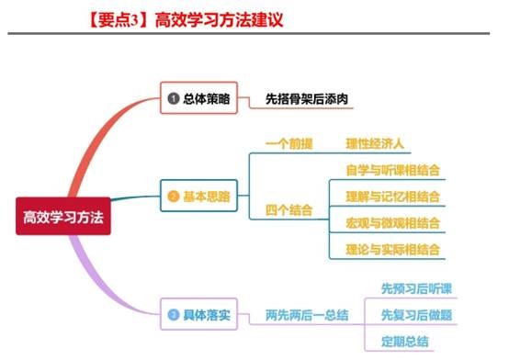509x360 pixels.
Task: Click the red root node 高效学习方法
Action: coord(63,218)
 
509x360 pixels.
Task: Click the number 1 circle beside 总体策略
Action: coord(173,97)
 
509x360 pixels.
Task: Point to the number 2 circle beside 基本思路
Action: coord(173,196)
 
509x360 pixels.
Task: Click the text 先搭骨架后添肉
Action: coord(309,98)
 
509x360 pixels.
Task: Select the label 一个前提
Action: coord(283,144)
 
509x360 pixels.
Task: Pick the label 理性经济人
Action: coord(375,144)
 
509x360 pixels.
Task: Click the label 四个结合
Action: coord(283,209)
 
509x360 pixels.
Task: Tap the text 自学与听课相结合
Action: coord(392,170)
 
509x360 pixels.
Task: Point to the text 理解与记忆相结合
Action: coord(392,197)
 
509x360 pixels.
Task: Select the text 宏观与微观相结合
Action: coord(392,223)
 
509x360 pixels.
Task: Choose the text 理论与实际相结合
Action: coord(392,249)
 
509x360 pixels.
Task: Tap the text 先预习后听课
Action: coord(416,288)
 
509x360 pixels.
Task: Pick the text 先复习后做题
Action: coord(416,315)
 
